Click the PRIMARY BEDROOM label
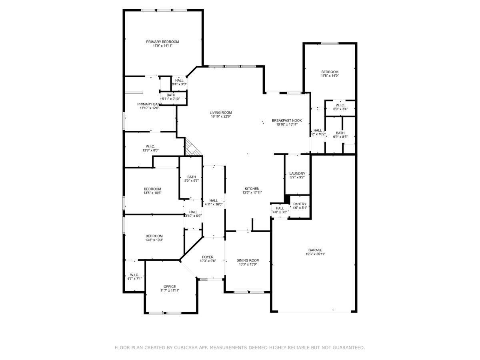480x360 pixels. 162,42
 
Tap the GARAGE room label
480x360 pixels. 315,250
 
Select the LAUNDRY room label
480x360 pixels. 297,174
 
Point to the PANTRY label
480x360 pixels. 300,204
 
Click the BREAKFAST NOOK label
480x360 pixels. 287,120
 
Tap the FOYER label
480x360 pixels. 208,257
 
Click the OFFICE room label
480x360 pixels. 170,286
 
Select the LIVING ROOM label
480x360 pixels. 221,112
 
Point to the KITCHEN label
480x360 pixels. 252,188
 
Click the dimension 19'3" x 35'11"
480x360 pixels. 315,254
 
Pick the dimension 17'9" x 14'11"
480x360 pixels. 162,46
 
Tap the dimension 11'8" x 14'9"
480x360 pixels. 330,76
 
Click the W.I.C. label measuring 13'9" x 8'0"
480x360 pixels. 150,146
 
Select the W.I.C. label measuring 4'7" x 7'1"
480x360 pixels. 134,275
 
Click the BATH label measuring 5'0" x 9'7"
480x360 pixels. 192,177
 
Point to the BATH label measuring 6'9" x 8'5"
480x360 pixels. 340,133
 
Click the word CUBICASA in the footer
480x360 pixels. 188,348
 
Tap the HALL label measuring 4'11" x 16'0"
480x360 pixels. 214,200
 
